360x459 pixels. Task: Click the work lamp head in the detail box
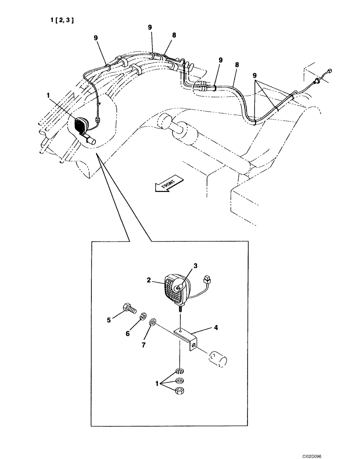[177, 288]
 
